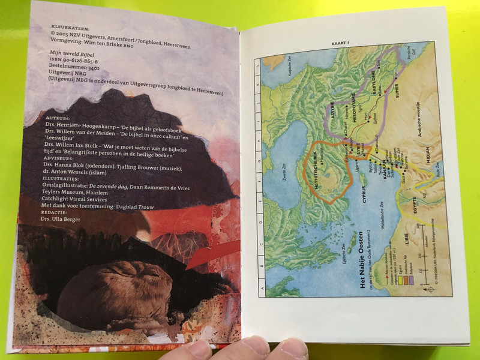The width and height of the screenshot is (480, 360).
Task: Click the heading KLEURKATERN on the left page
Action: (64, 26)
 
